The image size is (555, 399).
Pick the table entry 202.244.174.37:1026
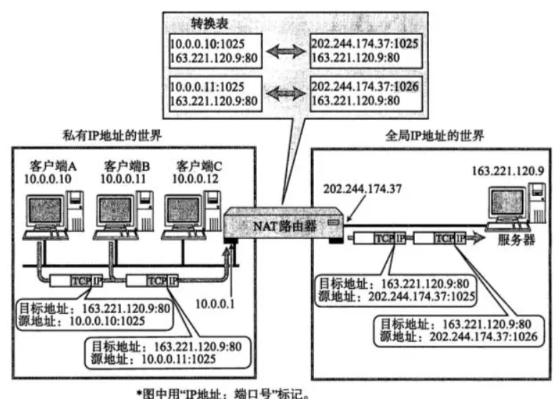click(x=365, y=86)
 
